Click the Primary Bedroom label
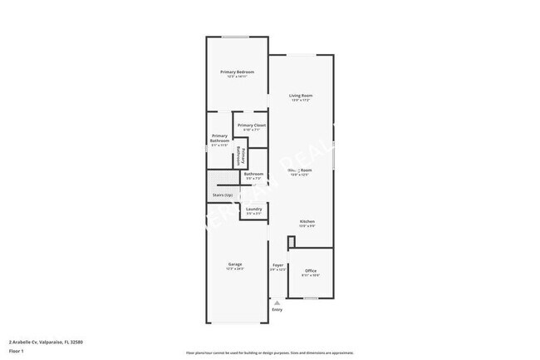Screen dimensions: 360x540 (x=237, y=72)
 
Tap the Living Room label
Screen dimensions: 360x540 (x=301, y=96)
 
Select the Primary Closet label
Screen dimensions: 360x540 (x=252, y=125)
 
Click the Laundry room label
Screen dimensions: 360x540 (x=254, y=209)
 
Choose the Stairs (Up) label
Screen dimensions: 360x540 (x=223, y=195)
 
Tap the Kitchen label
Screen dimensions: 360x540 (x=307, y=221)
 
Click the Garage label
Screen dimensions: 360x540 (x=236, y=264)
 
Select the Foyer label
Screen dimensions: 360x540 (x=278, y=265)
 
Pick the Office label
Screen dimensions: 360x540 (x=311, y=270)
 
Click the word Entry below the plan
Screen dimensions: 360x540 (x=277, y=310)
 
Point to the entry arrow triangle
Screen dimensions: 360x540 (x=277, y=303)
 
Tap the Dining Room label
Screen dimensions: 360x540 (x=301, y=170)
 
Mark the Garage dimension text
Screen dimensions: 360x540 (x=236, y=269)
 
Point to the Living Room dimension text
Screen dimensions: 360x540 (x=301, y=101)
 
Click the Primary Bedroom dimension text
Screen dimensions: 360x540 (x=237, y=76)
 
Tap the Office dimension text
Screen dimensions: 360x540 (x=311, y=275)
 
